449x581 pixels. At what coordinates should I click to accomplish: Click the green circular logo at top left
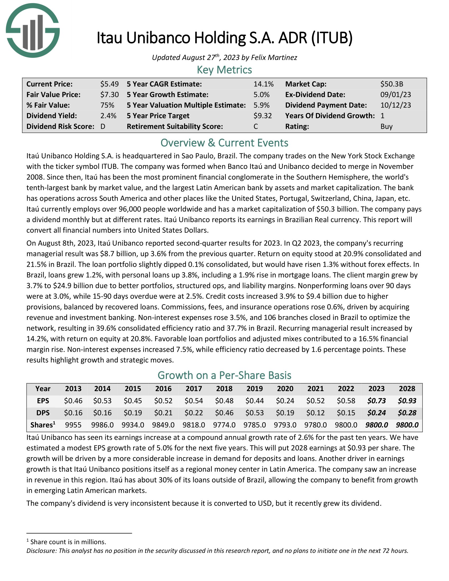[33, 31]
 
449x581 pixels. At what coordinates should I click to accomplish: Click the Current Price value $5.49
[109, 84]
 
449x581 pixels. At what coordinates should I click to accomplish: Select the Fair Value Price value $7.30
[109, 95]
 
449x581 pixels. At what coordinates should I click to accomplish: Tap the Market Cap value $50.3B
[391, 84]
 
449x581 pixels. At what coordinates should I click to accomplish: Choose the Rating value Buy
[386, 126]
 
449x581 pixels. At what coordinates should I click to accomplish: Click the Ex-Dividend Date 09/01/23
[396, 95]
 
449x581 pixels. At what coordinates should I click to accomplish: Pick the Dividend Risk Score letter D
[103, 126]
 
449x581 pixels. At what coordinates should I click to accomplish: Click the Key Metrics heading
[224, 70]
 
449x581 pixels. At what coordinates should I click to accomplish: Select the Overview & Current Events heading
[224, 143]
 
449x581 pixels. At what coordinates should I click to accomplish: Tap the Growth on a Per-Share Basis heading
[224, 375]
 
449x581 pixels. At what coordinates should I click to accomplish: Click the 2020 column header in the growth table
[285, 389]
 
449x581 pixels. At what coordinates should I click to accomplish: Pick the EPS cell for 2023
[376, 401]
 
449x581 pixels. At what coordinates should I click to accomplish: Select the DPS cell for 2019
[255, 413]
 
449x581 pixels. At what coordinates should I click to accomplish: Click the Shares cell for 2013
[73, 425]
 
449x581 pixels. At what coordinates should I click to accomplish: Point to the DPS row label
[43, 413]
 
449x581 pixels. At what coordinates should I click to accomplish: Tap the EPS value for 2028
[407, 401]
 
